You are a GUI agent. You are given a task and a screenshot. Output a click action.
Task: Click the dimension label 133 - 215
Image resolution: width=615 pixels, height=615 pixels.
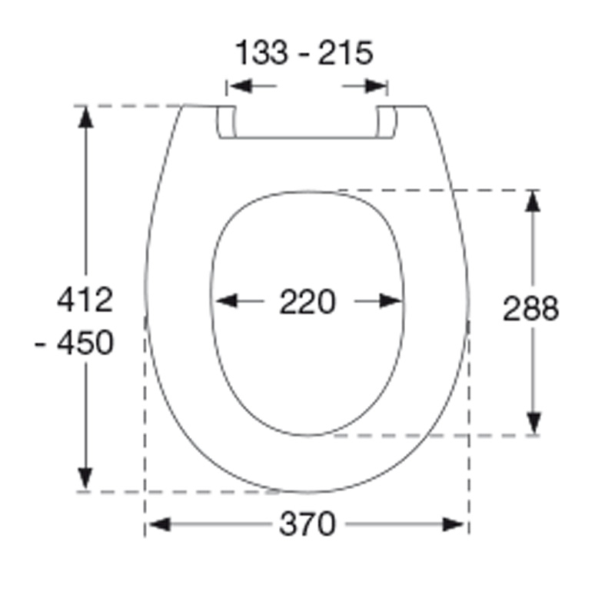pyautogui.click(x=304, y=54)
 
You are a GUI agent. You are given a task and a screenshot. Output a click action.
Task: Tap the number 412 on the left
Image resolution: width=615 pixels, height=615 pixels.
pyautogui.click(x=85, y=300)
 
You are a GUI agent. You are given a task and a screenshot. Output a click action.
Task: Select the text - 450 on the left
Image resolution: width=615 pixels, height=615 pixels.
pyautogui.click(x=75, y=343)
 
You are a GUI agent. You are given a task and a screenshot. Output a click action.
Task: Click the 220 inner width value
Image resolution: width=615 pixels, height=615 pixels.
pyautogui.click(x=307, y=302)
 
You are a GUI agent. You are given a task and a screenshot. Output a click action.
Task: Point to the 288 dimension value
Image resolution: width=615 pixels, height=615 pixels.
pyautogui.click(x=530, y=309)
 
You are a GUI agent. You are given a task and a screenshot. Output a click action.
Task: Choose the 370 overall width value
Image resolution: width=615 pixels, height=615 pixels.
pyautogui.click(x=307, y=525)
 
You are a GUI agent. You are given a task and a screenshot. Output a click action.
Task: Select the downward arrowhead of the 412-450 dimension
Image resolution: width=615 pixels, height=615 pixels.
pyautogui.click(x=85, y=477)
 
